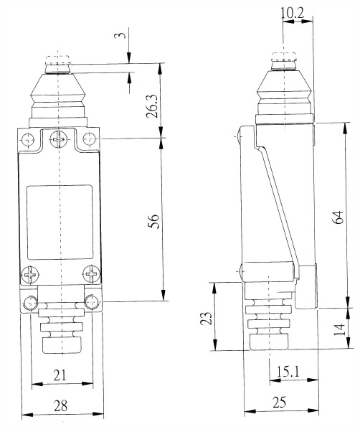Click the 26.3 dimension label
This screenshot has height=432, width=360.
coord(152,106)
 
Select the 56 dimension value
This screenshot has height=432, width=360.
coord(153,221)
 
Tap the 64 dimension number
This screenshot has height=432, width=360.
coord(338,217)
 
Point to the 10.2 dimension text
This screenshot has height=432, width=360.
coord(293,13)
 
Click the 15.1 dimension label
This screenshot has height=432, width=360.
coord(288,372)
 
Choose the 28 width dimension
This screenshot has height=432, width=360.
coord(60,405)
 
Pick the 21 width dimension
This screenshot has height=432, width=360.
coord(60,375)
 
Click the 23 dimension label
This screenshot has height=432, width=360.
coord(206,318)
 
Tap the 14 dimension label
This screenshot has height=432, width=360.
coord(339,329)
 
